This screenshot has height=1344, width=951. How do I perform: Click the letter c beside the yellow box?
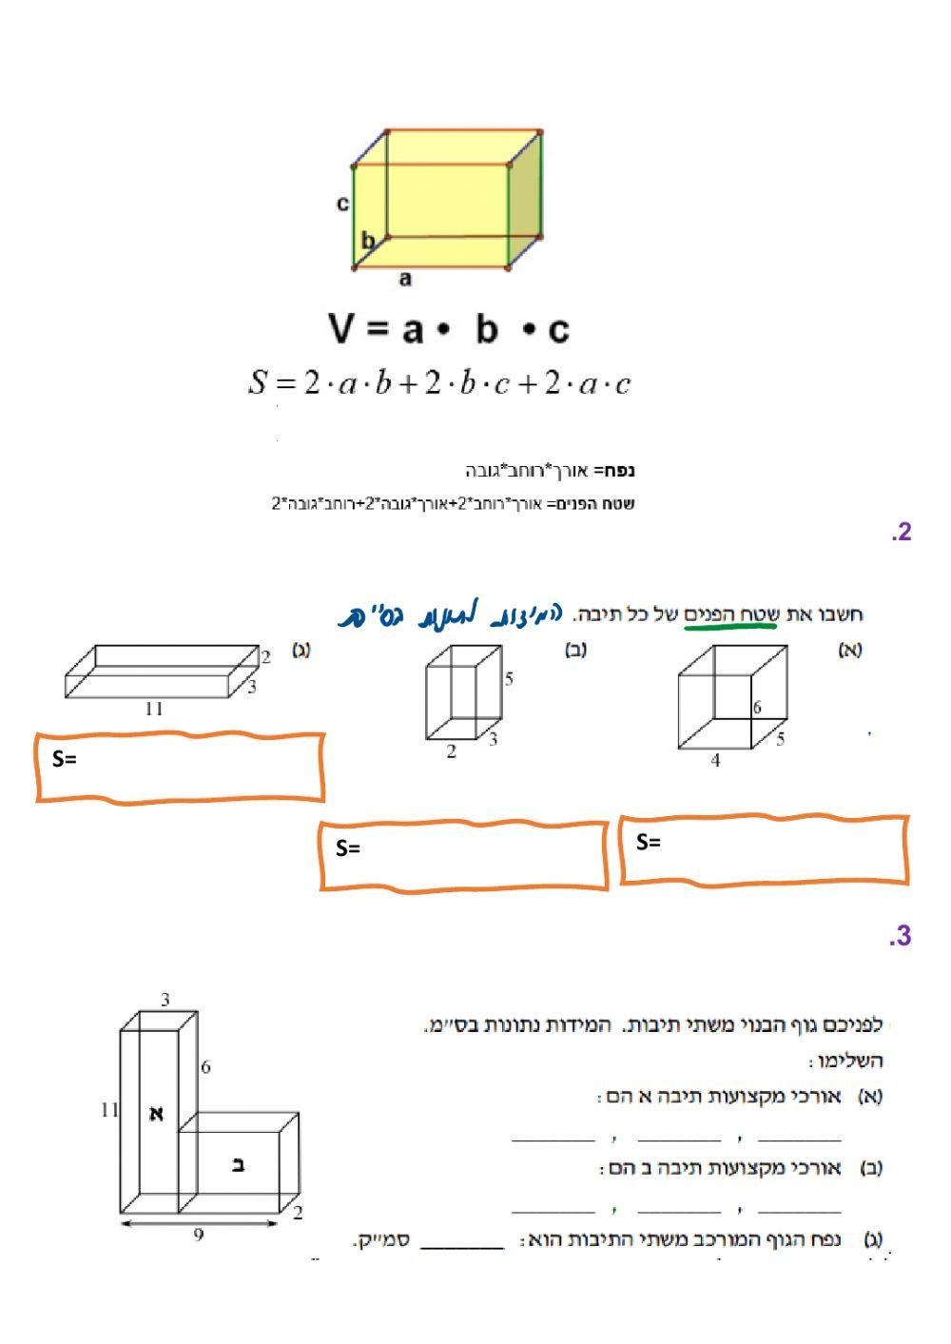343,203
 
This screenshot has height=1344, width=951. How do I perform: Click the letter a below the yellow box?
405,279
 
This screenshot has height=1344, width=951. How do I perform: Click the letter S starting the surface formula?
258,382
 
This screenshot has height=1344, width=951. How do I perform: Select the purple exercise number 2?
902,532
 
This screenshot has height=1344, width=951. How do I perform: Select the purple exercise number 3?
901,936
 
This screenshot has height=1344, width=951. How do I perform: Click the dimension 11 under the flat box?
154,709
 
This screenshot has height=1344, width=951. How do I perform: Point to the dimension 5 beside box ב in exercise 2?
510,679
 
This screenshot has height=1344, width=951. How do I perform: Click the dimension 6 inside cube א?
757,707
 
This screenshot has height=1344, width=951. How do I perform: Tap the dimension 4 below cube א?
715,761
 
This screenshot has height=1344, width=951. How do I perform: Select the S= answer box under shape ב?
463,855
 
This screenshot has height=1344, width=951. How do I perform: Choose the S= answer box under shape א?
764,849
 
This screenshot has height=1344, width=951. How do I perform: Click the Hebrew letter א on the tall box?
157,1113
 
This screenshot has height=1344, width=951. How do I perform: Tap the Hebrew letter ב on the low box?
239,1164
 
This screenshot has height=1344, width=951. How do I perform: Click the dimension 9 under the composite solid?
199,1236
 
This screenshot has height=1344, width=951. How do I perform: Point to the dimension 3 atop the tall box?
165,1000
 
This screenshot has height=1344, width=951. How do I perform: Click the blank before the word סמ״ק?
462,1241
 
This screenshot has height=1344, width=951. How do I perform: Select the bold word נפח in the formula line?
619,470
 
